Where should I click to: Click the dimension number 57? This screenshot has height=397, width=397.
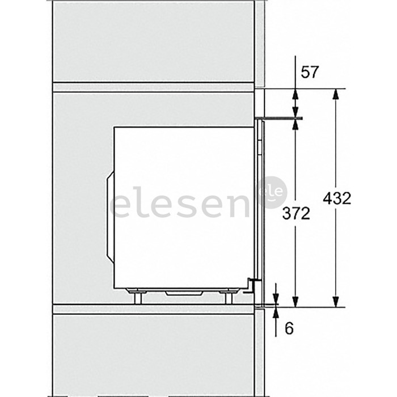(310, 72)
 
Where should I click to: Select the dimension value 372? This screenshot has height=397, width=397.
(296, 213)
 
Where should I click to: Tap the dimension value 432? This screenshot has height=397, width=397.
(337, 198)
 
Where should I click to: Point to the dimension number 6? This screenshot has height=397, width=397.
(289, 328)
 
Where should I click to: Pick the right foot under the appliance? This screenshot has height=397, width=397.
(229, 296)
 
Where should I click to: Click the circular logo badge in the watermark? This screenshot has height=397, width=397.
(272, 193)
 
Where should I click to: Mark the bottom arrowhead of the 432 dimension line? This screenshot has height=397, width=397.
(336, 301)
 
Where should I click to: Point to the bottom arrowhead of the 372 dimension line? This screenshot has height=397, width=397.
(295, 301)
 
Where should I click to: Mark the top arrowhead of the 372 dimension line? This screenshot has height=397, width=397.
(295, 124)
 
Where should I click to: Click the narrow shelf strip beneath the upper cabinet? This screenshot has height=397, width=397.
(153, 87)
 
